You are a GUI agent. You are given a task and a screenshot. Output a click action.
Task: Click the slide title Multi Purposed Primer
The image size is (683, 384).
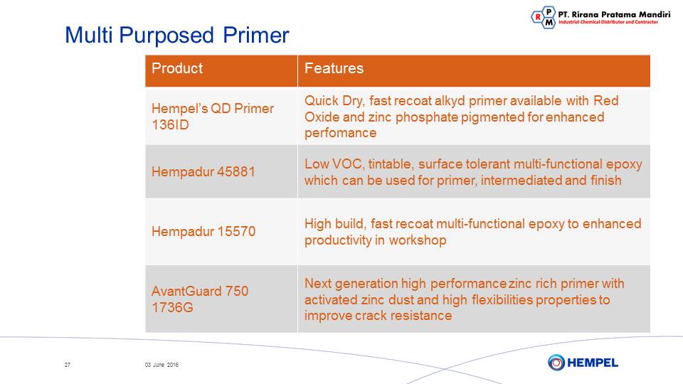click(x=177, y=36)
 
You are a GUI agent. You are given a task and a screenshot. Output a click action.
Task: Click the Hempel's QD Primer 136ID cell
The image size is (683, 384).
click(x=221, y=116)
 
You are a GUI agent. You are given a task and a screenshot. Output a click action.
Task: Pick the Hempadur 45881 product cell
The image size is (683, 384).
click(x=221, y=171)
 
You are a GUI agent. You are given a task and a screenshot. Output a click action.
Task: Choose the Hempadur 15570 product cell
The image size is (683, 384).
click(x=221, y=231)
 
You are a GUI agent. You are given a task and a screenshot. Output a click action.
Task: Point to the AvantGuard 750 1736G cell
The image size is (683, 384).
click(x=221, y=299)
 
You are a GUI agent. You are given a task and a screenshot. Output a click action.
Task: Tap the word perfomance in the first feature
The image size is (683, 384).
click(x=340, y=133)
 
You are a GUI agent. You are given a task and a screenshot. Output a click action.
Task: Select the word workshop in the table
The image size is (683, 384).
click(x=418, y=240)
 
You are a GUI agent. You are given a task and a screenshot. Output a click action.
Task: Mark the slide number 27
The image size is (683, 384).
click(x=68, y=365)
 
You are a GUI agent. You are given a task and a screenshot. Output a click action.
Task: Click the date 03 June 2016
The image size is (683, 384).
click(x=162, y=365)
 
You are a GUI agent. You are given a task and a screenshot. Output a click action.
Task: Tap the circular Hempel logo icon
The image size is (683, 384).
click(x=556, y=362)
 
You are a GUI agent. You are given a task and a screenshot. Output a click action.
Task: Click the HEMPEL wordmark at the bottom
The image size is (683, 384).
click(x=593, y=363)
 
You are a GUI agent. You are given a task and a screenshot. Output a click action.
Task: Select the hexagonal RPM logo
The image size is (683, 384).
click(x=544, y=17)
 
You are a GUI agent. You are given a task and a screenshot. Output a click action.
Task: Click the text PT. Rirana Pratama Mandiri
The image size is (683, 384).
click(x=614, y=14)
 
